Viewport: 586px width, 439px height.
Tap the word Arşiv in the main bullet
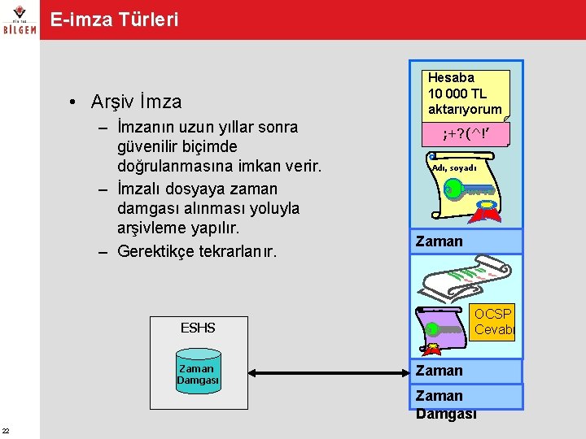coord(113,102)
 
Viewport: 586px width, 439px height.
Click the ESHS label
coord(198,328)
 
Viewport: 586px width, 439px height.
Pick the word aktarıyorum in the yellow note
coord(464,108)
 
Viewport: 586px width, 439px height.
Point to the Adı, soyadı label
coord(454,167)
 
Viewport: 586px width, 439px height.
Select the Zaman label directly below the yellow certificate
coord(439,241)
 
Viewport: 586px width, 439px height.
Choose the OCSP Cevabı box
coord(493,322)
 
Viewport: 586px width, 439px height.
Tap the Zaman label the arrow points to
coord(439,371)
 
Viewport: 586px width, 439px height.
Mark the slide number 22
coord(6,430)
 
